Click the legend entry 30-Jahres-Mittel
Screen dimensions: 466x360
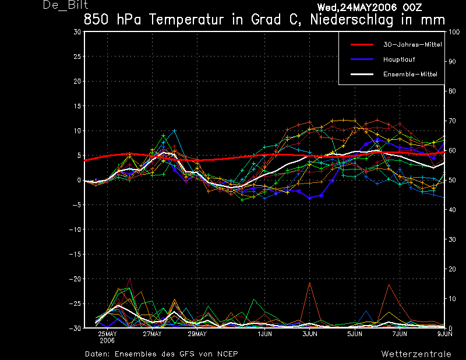412,45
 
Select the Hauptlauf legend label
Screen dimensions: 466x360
399,59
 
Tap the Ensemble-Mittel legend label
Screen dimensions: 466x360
410,75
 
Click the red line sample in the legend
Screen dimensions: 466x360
362,45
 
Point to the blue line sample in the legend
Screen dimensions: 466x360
362,59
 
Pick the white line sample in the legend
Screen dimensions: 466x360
362,74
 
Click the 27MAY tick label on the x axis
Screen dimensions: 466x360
152,334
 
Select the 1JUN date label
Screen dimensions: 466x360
265,334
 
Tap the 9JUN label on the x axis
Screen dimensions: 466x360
445,334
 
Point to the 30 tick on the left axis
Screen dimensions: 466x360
77,32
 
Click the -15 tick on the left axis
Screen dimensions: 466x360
75,254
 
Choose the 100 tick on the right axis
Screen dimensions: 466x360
454,32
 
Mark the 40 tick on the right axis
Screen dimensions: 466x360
452,210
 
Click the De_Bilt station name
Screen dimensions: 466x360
65,5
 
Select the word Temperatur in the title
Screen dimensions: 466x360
186,20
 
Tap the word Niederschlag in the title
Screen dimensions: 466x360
352,20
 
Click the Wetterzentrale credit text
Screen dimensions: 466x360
416,354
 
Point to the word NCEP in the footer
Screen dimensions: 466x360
227,354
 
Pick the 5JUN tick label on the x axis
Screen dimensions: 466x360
355,334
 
